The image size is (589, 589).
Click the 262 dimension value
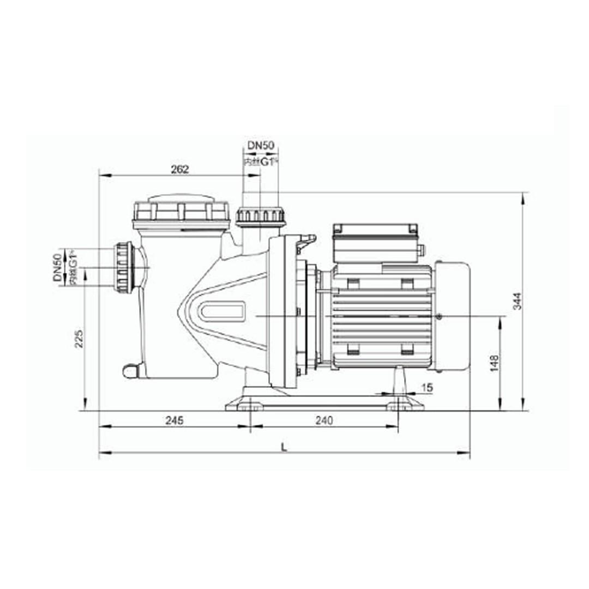coord(179,169)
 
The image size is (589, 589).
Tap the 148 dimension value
coord(494,364)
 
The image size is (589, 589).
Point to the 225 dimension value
coord(80,339)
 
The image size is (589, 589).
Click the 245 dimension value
coord(174,420)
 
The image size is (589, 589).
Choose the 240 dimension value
coord(324,420)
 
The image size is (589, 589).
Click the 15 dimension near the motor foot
coord(427,387)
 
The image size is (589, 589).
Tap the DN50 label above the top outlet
coord(261,146)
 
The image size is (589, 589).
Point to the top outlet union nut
coord(260,216)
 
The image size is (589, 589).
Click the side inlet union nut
coord(124,267)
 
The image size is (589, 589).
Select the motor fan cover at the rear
coord(452,316)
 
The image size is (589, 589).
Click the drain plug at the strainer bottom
coord(130,371)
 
